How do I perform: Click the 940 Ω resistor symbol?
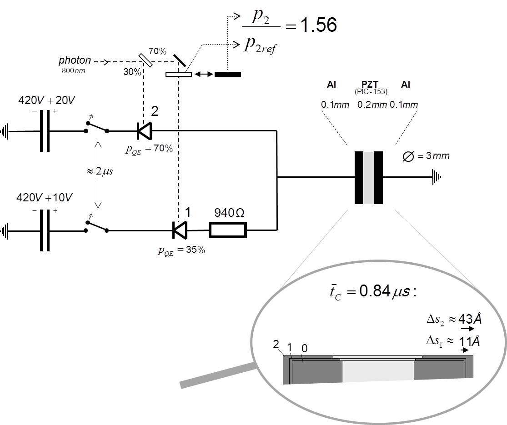point(228,230)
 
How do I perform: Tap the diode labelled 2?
point(144,131)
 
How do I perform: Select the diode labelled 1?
point(180,230)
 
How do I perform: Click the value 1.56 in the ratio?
point(318,25)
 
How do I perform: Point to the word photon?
point(75,60)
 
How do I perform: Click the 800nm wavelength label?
point(73,70)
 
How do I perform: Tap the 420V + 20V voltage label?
point(46,100)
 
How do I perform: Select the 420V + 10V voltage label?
point(44,197)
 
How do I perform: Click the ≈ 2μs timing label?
point(100,171)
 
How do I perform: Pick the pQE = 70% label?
point(149,149)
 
